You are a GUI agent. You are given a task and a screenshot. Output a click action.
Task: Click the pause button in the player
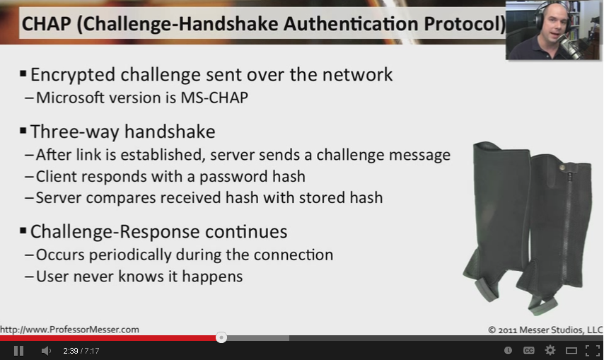tap(18, 351)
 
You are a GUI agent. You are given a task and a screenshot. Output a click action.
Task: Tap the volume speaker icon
tap(46, 351)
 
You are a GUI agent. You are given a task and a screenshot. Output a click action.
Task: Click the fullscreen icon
tap(593, 350)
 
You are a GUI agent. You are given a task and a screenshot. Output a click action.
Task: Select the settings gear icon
tap(550, 350)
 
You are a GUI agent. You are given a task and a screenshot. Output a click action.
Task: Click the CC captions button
tap(529, 350)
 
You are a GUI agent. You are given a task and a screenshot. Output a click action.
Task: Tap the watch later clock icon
tap(508, 350)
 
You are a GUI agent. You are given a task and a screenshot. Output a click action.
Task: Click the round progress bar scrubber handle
tap(221, 337)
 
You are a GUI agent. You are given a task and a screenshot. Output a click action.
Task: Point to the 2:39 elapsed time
tap(71, 351)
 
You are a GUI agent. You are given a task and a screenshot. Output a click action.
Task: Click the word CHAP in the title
tap(46, 24)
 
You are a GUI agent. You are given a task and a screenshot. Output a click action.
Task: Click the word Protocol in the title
tap(464, 24)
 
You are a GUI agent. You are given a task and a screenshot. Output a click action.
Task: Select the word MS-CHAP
tap(214, 98)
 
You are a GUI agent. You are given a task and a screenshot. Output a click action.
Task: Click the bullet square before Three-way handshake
tap(23, 131)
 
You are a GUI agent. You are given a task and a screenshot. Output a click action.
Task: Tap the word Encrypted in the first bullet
tap(73, 75)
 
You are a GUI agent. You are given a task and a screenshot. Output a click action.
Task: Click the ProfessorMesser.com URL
tap(70, 330)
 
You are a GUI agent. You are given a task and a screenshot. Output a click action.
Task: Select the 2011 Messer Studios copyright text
tap(545, 330)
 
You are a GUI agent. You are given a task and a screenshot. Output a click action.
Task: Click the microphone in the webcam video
tap(570, 45)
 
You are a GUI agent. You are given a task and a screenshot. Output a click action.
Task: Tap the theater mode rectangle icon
tap(571, 350)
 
